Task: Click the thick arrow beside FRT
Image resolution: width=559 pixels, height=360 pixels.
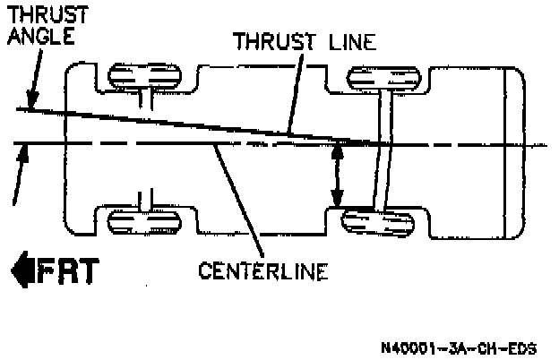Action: pyautogui.click(x=21, y=270)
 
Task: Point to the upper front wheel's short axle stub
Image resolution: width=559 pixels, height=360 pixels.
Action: pyautogui.click(x=142, y=99)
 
